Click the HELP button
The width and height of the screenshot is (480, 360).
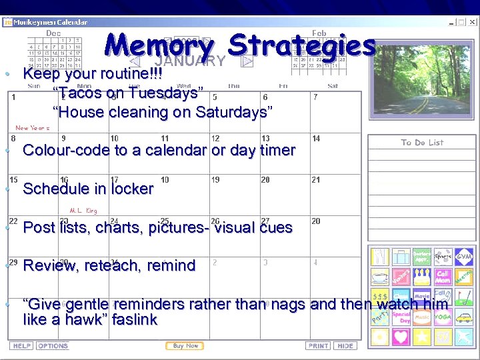pyautogui.click(x=22, y=346)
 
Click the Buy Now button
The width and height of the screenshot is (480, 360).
pyautogui.click(x=185, y=346)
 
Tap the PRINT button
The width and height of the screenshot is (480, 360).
pyautogui.click(x=319, y=346)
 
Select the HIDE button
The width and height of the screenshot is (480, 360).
pyautogui.click(x=345, y=346)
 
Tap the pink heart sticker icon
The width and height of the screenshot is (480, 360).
pyautogui.click(x=401, y=336)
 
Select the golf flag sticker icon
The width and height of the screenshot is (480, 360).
pyautogui.click(x=464, y=295)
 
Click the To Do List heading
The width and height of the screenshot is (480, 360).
pyautogui.click(x=422, y=143)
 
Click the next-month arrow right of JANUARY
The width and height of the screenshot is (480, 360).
pyautogui.click(x=247, y=61)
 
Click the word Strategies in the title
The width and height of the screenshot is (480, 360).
pyautogui.click(x=301, y=46)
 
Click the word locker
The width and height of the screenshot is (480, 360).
pyautogui.click(x=131, y=189)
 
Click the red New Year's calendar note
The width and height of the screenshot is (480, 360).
pyautogui.click(x=33, y=128)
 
